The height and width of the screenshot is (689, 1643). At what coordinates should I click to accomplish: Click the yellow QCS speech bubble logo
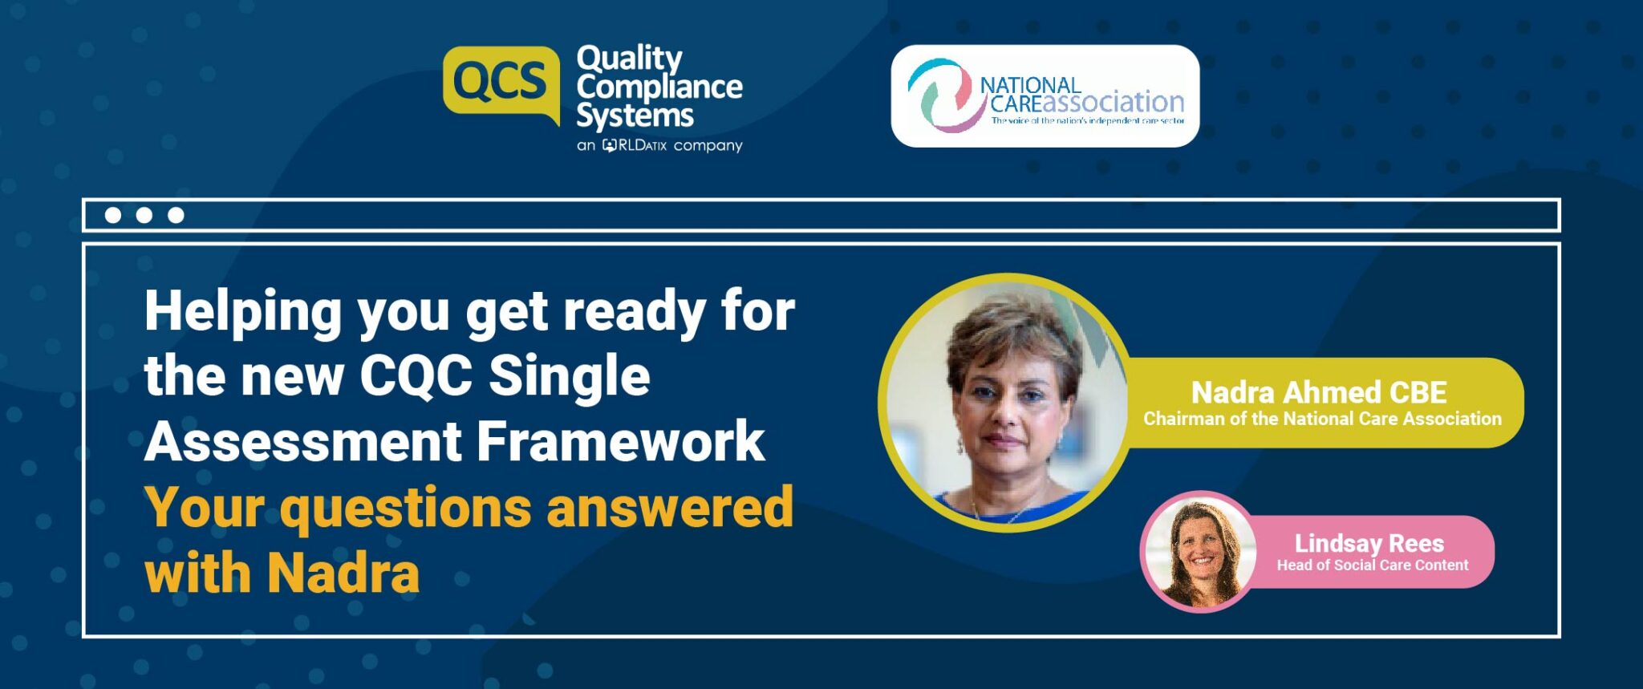pos(501,83)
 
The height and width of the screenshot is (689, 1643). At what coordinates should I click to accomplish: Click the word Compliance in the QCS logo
pos(659,87)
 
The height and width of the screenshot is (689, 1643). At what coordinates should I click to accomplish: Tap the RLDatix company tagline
pos(659,145)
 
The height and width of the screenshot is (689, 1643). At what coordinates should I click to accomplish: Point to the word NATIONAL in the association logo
pos(1030,84)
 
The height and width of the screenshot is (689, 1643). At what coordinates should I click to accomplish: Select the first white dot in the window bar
pos(113,215)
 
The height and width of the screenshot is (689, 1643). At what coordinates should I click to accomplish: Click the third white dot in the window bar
pos(176,215)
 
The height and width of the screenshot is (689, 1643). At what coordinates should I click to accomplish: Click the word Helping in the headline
pos(243,311)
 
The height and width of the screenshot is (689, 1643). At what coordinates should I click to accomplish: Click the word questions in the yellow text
pos(406,509)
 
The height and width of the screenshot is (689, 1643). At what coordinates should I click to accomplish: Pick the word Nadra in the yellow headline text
pos(343,573)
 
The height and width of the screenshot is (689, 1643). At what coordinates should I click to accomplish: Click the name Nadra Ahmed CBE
pos(1318,392)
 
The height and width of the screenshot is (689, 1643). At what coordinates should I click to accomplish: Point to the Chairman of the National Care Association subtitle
pos(1322,419)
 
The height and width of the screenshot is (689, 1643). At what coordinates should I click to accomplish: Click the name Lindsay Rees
pos(1369,543)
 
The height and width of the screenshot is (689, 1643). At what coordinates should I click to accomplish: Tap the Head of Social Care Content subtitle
pos(1372,565)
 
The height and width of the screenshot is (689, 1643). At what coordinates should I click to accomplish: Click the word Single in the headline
pos(569,375)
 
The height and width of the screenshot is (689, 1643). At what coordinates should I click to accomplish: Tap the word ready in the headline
pos(635,311)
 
